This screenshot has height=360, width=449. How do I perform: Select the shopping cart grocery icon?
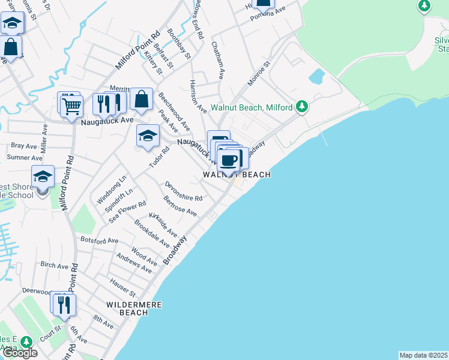(71, 106)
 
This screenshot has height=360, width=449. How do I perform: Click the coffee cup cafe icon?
(229, 160)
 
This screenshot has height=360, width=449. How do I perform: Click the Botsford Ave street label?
(99, 240)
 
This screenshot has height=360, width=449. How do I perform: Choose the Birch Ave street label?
(55, 265)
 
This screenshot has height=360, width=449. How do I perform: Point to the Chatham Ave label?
(217, 60)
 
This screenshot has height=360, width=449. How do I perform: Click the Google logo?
(20, 353)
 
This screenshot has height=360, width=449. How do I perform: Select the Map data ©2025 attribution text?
(423, 355)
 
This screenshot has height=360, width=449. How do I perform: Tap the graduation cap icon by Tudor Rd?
(147, 136)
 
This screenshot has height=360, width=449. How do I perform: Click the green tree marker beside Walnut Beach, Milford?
(303, 107)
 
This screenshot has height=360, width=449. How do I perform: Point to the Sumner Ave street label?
(25, 157)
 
